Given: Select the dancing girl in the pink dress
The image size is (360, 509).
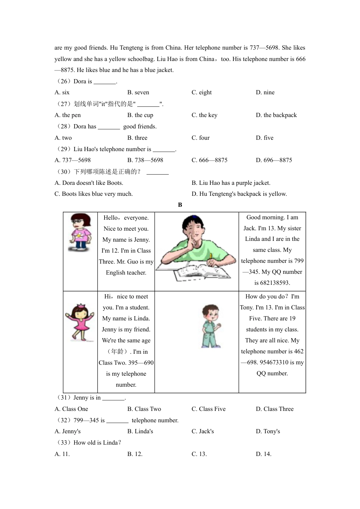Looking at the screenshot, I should pos(80,322).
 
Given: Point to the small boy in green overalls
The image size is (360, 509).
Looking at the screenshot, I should pos(211,326).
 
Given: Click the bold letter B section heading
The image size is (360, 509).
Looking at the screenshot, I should pos(180,205).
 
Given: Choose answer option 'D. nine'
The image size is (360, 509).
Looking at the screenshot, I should pos(265,92).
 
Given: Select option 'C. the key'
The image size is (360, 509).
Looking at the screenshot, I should pos(204,115).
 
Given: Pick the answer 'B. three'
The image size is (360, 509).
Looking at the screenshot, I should pos(137,138).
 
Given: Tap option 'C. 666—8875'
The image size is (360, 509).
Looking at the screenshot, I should pos(209,160).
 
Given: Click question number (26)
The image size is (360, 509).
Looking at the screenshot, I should pos(63,81).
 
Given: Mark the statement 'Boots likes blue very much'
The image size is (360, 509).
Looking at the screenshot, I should pos(93,194).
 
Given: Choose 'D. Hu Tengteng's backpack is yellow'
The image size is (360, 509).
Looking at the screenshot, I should pos(239,194).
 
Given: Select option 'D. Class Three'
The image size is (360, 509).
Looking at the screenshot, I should pos(274,409).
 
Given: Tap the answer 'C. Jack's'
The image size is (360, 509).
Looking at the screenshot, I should pos(202,431).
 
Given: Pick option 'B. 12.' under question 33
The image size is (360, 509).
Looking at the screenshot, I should pos(135,454).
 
